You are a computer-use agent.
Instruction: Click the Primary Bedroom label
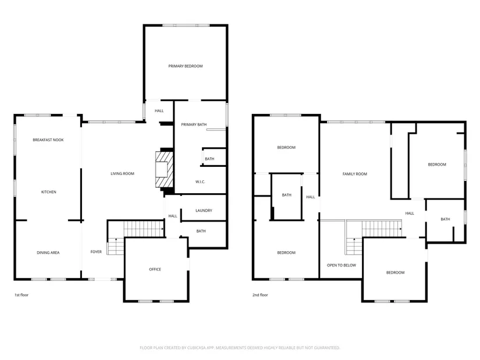(x=186, y=66)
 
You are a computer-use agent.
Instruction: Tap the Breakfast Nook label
(x=48, y=140)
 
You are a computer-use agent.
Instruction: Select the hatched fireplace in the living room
(x=165, y=169)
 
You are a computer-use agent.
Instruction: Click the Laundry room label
(x=204, y=211)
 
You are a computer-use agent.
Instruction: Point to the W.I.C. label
(x=200, y=182)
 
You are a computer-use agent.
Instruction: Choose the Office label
(x=155, y=269)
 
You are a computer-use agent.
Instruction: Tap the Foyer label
(x=96, y=252)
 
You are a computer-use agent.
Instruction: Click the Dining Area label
(x=48, y=253)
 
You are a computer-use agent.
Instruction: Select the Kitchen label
(x=49, y=192)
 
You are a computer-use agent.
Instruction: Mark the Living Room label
(x=122, y=173)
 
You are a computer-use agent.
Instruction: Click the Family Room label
(x=355, y=174)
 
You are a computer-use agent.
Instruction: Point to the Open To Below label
(x=342, y=265)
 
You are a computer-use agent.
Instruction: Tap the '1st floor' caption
(x=22, y=295)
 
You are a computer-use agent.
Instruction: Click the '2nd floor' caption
(x=260, y=295)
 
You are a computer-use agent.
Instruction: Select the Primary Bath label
(x=194, y=124)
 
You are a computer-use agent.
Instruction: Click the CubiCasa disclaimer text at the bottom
(x=240, y=348)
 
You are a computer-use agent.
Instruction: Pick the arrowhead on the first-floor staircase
(x=162, y=229)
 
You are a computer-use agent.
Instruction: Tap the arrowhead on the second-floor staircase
(x=401, y=229)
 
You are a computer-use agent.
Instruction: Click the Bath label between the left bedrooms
(x=286, y=195)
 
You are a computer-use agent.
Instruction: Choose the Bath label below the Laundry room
(x=201, y=231)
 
